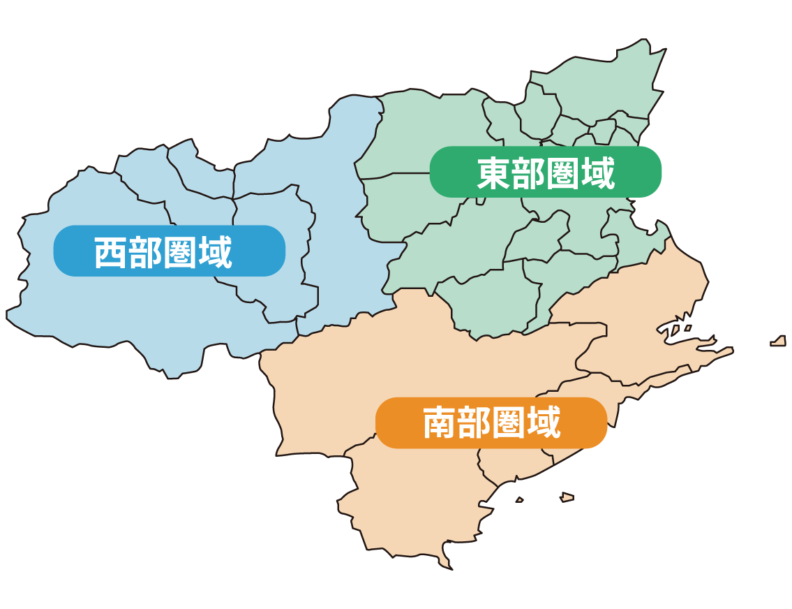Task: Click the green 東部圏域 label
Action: [545, 172]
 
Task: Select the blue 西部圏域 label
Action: [169, 251]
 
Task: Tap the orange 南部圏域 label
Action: [491, 423]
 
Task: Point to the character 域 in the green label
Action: [597, 173]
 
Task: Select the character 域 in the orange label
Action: [544, 423]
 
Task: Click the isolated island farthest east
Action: [778, 342]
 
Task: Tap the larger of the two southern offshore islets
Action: [567, 497]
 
